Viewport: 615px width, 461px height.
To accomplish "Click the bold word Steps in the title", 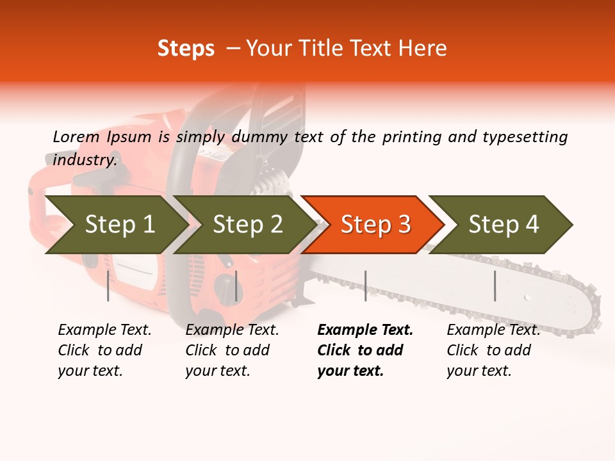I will click(186, 49).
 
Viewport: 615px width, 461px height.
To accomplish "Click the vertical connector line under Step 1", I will click(108, 286).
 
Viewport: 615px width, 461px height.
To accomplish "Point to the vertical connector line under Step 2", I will click(236, 286).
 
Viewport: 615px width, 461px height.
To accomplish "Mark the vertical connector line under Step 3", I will click(365, 286).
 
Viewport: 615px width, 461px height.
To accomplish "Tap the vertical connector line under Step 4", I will click(495, 286).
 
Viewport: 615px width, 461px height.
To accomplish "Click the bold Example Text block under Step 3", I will click(365, 350).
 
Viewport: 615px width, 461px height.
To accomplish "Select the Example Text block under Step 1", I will click(104, 350).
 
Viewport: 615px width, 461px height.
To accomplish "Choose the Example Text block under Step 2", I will click(232, 350).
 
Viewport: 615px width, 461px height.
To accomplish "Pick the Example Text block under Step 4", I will click(493, 350).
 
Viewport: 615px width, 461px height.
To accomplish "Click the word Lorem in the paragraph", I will click(76, 136).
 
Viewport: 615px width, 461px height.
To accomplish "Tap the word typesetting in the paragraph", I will click(525, 136).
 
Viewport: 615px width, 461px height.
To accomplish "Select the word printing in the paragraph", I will click(410, 136).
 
